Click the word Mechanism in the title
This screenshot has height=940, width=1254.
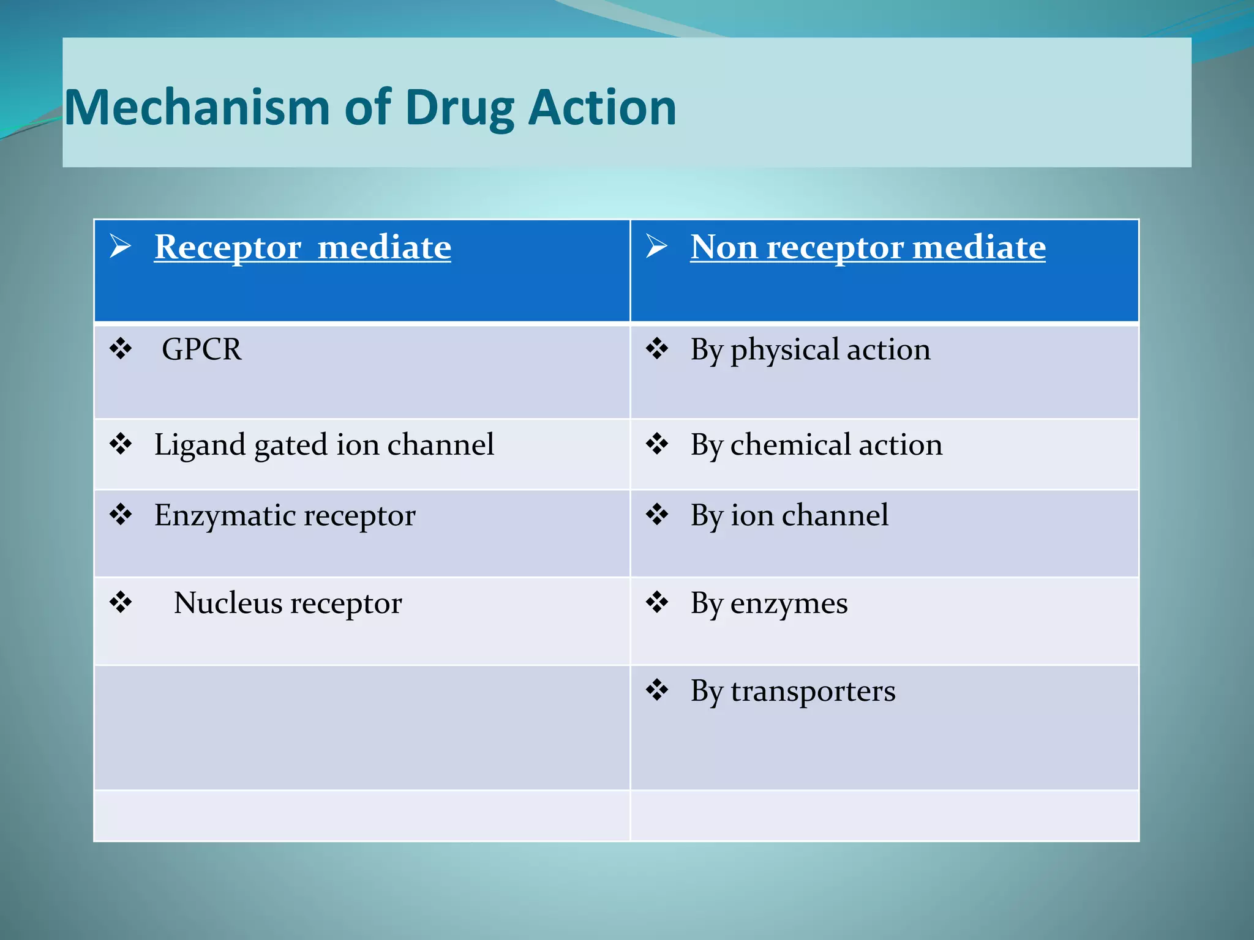tap(197, 108)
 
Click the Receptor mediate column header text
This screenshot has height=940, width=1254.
tap(302, 247)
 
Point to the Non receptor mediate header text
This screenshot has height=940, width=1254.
tap(868, 247)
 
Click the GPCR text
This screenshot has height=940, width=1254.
tap(201, 349)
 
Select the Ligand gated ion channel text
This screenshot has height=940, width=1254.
tap(324, 445)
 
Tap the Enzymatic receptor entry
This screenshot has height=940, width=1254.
tap(285, 515)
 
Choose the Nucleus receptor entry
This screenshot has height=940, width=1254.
tap(288, 603)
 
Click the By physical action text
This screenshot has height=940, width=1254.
tap(810, 350)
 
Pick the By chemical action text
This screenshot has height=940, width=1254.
tap(816, 445)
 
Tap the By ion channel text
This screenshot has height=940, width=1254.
tap(789, 515)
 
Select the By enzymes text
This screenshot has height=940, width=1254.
tap(769, 603)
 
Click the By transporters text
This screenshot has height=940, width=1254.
tap(793, 692)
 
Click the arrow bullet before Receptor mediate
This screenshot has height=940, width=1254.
tap(121, 246)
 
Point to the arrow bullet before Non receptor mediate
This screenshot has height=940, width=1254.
tap(656, 246)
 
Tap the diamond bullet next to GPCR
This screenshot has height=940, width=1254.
tap(121, 348)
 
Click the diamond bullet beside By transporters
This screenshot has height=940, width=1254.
tap(657, 690)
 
